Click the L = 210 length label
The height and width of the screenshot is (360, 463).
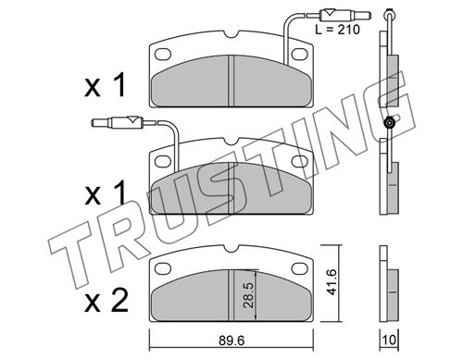(337, 30)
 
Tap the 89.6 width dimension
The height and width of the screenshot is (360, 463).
(231, 341)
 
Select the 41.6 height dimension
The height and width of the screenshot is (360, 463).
(332, 281)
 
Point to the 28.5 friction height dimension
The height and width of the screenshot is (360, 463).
(248, 294)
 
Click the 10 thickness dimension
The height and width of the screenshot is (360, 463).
(389, 340)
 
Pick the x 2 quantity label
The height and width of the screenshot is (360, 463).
(106, 301)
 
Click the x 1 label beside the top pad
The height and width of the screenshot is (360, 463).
(106, 85)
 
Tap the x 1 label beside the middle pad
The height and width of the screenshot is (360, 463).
(106, 193)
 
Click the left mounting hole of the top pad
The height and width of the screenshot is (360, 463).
(163, 55)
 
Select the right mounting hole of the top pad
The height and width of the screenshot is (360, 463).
(300, 55)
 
